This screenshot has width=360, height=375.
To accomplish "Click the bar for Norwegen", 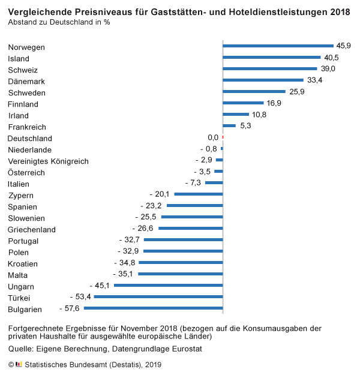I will click(x=278, y=46).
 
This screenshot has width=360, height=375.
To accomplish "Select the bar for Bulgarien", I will click(x=153, y=308).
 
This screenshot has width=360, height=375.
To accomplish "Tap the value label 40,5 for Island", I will click(x=332, y=58).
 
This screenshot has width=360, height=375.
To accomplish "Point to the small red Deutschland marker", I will click(x=223, y=137).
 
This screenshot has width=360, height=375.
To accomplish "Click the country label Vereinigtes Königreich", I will click(x=48, y=161).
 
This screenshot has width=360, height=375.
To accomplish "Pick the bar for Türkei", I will click(x=158, y=297).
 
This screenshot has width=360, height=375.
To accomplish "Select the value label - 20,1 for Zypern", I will click(x=159, y=194).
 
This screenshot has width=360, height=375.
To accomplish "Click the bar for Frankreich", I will click(x=229, y=125).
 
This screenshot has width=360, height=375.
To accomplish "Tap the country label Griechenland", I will click(x=32, y=229).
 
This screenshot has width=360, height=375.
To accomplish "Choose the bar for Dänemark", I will click(x=263, y=80).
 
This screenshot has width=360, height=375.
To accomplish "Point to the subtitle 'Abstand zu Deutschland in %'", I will click(x=59, y=22).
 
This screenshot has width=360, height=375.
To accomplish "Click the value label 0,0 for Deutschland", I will click(x=213, y=137).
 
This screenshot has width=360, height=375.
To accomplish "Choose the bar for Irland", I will click(x=235, y=114).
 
